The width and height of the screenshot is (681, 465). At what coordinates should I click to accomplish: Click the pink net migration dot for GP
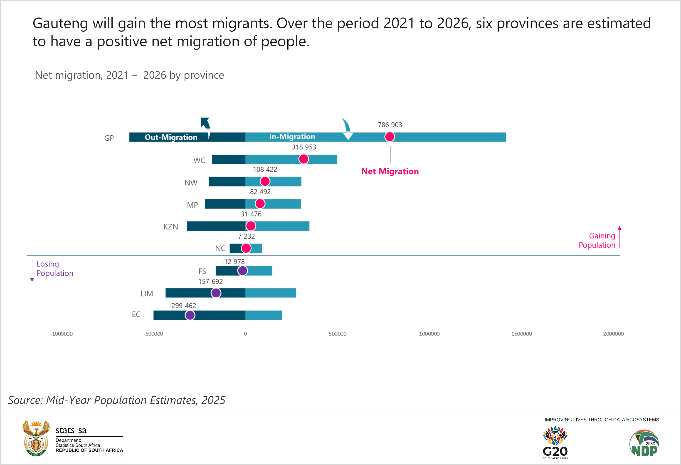tap(390, 137)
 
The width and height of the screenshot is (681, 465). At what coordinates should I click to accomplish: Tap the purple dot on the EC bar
tap(190, 315)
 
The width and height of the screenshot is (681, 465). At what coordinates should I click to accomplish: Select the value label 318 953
tap(304, 147)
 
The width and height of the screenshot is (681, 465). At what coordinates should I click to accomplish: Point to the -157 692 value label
tap(209, 281)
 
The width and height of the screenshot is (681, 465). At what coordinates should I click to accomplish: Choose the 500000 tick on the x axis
tap(337, 334)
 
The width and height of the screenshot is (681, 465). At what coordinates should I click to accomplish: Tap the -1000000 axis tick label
tap(61, 334)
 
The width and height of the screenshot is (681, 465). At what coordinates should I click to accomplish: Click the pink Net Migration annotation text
tap(390, 171)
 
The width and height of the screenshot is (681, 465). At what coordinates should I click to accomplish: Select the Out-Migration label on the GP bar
tap(171, 137)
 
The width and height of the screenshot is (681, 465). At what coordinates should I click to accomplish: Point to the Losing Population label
tap(54, 269)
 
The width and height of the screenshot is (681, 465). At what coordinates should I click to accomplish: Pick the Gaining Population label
tap(597, 240)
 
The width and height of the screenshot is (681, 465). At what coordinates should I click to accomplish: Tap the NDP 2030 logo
tap(644, 443)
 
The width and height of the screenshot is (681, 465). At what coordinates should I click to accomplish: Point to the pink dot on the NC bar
tap(246, 248)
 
